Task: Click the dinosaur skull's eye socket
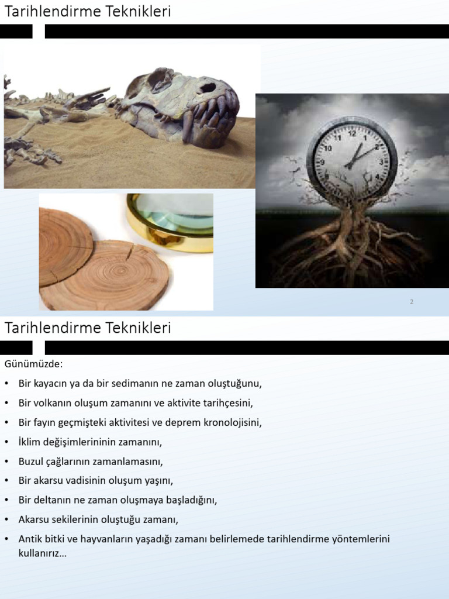click(207, 88)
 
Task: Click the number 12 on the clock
click(351, 133)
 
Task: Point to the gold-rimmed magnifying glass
click(170, 219)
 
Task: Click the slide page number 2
click(412, 302)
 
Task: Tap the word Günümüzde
click(33, 364)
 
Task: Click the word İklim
click(30, 442)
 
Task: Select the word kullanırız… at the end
click(43, 552)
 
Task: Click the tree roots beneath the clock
click(351, 246)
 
